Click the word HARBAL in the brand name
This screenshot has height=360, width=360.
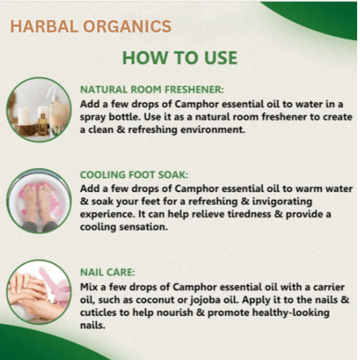(x=44, y=26)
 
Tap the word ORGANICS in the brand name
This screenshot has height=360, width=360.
(x=127, y=26)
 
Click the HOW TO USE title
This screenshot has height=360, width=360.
(x=180, y=58)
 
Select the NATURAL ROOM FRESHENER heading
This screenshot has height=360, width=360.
(x=152, y=89)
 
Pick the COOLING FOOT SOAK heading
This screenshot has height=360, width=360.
(x=134, y=175)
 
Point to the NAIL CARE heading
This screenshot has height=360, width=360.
(x=107, y=272)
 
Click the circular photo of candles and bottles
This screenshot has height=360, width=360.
(x=39, y=109)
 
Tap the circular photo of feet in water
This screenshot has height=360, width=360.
(x=39, y=201)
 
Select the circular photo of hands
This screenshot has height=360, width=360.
(x=39, y=292)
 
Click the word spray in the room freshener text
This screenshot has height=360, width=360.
(x=93, y=117)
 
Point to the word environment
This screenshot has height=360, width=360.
(x=213, y=130)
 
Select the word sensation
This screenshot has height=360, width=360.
(x=143, y=227)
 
